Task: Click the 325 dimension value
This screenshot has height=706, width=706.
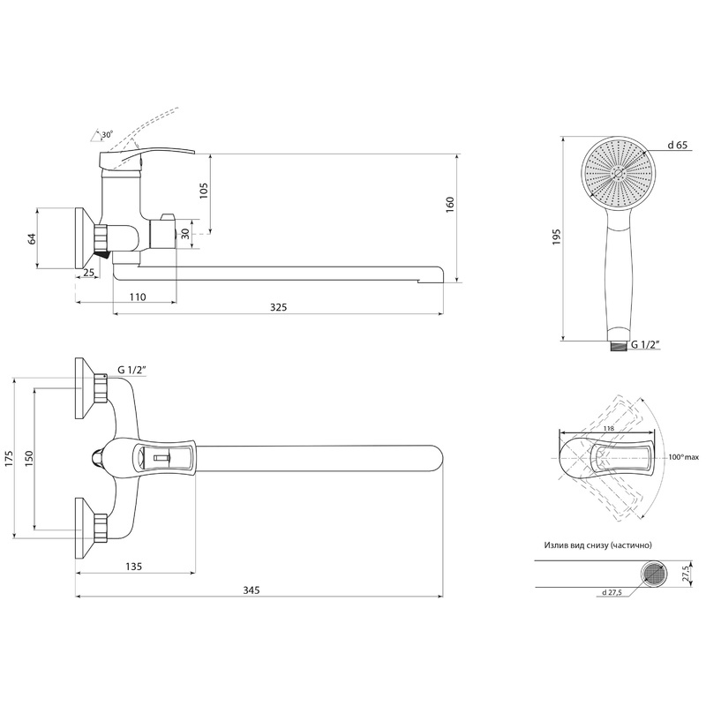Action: coord(278,307)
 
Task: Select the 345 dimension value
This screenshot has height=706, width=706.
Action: coord(252,590)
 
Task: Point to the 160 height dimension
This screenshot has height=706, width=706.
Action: coord(449,205)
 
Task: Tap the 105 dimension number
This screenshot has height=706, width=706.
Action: coord(204,191)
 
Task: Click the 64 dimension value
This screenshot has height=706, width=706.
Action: coord(32,238)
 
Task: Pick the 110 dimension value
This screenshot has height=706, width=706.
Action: coord(138,297)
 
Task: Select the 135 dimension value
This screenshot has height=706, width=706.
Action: coord(134,567)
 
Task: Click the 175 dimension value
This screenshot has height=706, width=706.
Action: coord(10,458)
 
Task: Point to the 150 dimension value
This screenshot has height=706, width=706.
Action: coord(29,458)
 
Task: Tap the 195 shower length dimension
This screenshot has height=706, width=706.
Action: coord(557,237)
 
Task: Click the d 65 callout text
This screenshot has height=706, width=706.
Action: coord(677,145)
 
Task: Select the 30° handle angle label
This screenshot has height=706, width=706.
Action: coord(107,134)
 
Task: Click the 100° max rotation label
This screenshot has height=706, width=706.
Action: coord(683,457)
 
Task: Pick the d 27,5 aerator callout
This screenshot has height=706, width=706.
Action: coord(612,592)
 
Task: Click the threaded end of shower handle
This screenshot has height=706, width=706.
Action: coord(620,345)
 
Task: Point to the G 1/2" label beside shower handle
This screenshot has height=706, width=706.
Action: coord(645,345)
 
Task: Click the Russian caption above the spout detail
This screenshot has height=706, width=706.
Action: coord(598,545)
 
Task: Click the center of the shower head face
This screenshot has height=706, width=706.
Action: coord(619,173)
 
